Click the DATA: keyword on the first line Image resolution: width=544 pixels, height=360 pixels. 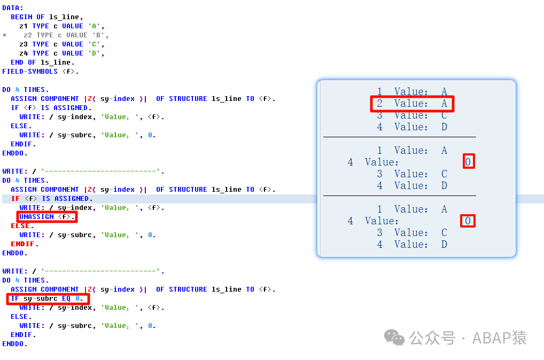pos(13,8)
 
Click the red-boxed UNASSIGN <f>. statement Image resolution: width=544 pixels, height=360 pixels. pos(47,217)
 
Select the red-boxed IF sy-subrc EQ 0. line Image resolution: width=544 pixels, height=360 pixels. pos(48,299)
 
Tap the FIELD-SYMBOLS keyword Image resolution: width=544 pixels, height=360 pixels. pos(30,72)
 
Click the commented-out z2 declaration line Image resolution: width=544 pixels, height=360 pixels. pos(66,35)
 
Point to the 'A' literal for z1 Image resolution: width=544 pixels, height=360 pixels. pos(94,26)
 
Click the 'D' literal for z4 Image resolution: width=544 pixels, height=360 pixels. pos(94,53)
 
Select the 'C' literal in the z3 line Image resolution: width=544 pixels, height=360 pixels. pos(94,44)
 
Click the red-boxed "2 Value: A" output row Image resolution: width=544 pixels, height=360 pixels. pos(412,103)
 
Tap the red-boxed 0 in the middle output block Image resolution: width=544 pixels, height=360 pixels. pos(468,162)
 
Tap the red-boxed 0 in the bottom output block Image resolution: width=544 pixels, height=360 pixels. pos(468,221)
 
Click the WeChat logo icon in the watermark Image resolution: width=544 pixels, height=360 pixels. pos(394,337)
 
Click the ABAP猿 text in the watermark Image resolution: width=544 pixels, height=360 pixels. pos(499,338)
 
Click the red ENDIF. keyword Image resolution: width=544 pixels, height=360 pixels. pos(25,244)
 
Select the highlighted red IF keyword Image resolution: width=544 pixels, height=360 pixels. pos(15,199)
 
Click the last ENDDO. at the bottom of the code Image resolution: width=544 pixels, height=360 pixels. pos(14,344)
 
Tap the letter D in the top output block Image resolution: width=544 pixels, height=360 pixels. pos(444,127)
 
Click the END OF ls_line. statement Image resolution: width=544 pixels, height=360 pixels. pos(42,62)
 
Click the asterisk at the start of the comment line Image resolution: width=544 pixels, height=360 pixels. pos(4,35)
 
